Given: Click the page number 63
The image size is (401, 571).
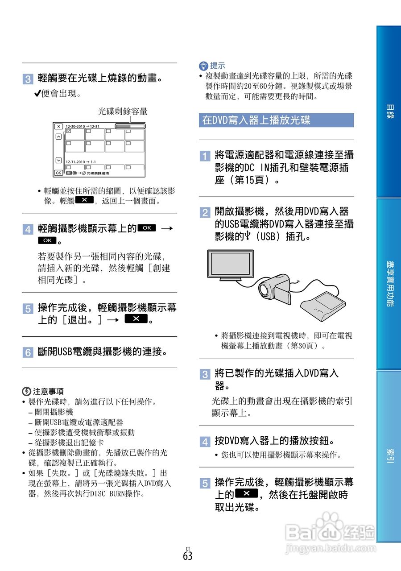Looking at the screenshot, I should (187, 556).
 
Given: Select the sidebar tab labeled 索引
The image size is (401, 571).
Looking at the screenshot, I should (389, 456).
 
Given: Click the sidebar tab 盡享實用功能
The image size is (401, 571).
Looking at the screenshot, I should (389, 284).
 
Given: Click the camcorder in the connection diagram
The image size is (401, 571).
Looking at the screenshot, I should (275, 288).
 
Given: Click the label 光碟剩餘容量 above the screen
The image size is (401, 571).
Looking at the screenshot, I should (123, 112).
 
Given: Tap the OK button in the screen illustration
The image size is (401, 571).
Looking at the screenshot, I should (59, 173).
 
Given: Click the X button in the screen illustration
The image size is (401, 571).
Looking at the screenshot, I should (59, 126).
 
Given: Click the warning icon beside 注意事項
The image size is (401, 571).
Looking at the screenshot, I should (26, 391).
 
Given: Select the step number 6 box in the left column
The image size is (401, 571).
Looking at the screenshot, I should (27, 352).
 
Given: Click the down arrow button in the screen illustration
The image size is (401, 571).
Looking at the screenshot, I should (59, 160).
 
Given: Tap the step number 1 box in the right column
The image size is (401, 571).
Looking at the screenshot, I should (204, 156).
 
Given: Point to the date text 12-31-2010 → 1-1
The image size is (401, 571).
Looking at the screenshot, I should (81, 161).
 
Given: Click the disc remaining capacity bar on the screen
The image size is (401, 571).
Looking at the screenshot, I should (130, 126).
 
